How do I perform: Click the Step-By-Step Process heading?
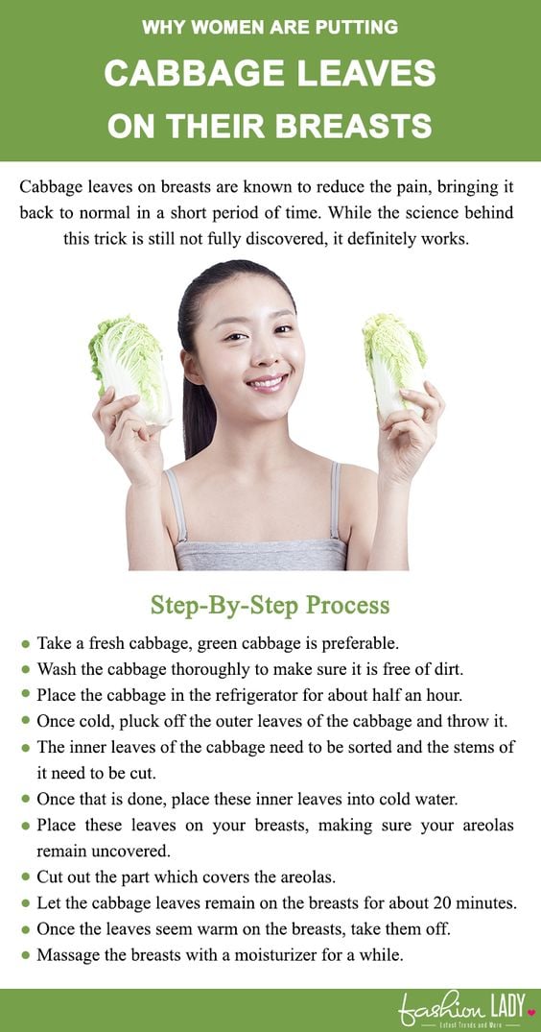[x=270, y=606]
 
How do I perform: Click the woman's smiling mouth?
[x=267, y=383]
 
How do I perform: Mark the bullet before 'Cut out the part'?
[x=25, y=877]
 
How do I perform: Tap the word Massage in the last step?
[x=67, y=955]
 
